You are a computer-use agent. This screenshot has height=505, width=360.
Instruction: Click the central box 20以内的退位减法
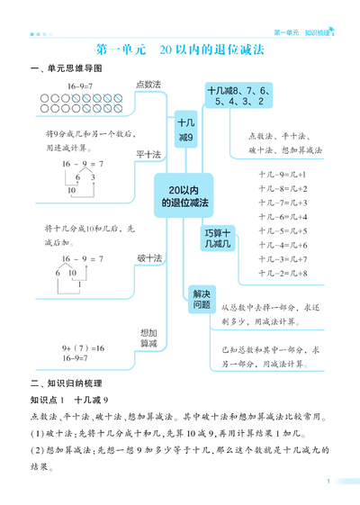[x=184, y=196]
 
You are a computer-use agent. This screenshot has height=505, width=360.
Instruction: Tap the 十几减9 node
[x=185, y=129]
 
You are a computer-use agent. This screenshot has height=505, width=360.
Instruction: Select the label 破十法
[x=148, y=258]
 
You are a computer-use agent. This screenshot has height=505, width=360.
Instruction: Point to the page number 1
[x=330, y=482]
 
